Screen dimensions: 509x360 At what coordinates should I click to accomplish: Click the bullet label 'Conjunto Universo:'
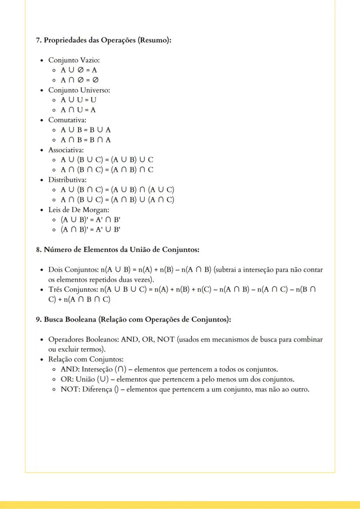[x=79, y=90]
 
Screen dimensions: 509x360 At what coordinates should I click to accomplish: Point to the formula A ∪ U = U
[x=78, y=100]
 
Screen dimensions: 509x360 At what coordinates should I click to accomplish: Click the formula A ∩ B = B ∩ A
[x=86, y=140]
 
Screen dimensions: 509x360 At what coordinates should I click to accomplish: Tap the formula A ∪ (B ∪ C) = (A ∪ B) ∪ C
[x=107, y=160]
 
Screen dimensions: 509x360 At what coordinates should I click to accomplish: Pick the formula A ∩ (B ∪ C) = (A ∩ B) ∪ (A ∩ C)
[x=117, y=200]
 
